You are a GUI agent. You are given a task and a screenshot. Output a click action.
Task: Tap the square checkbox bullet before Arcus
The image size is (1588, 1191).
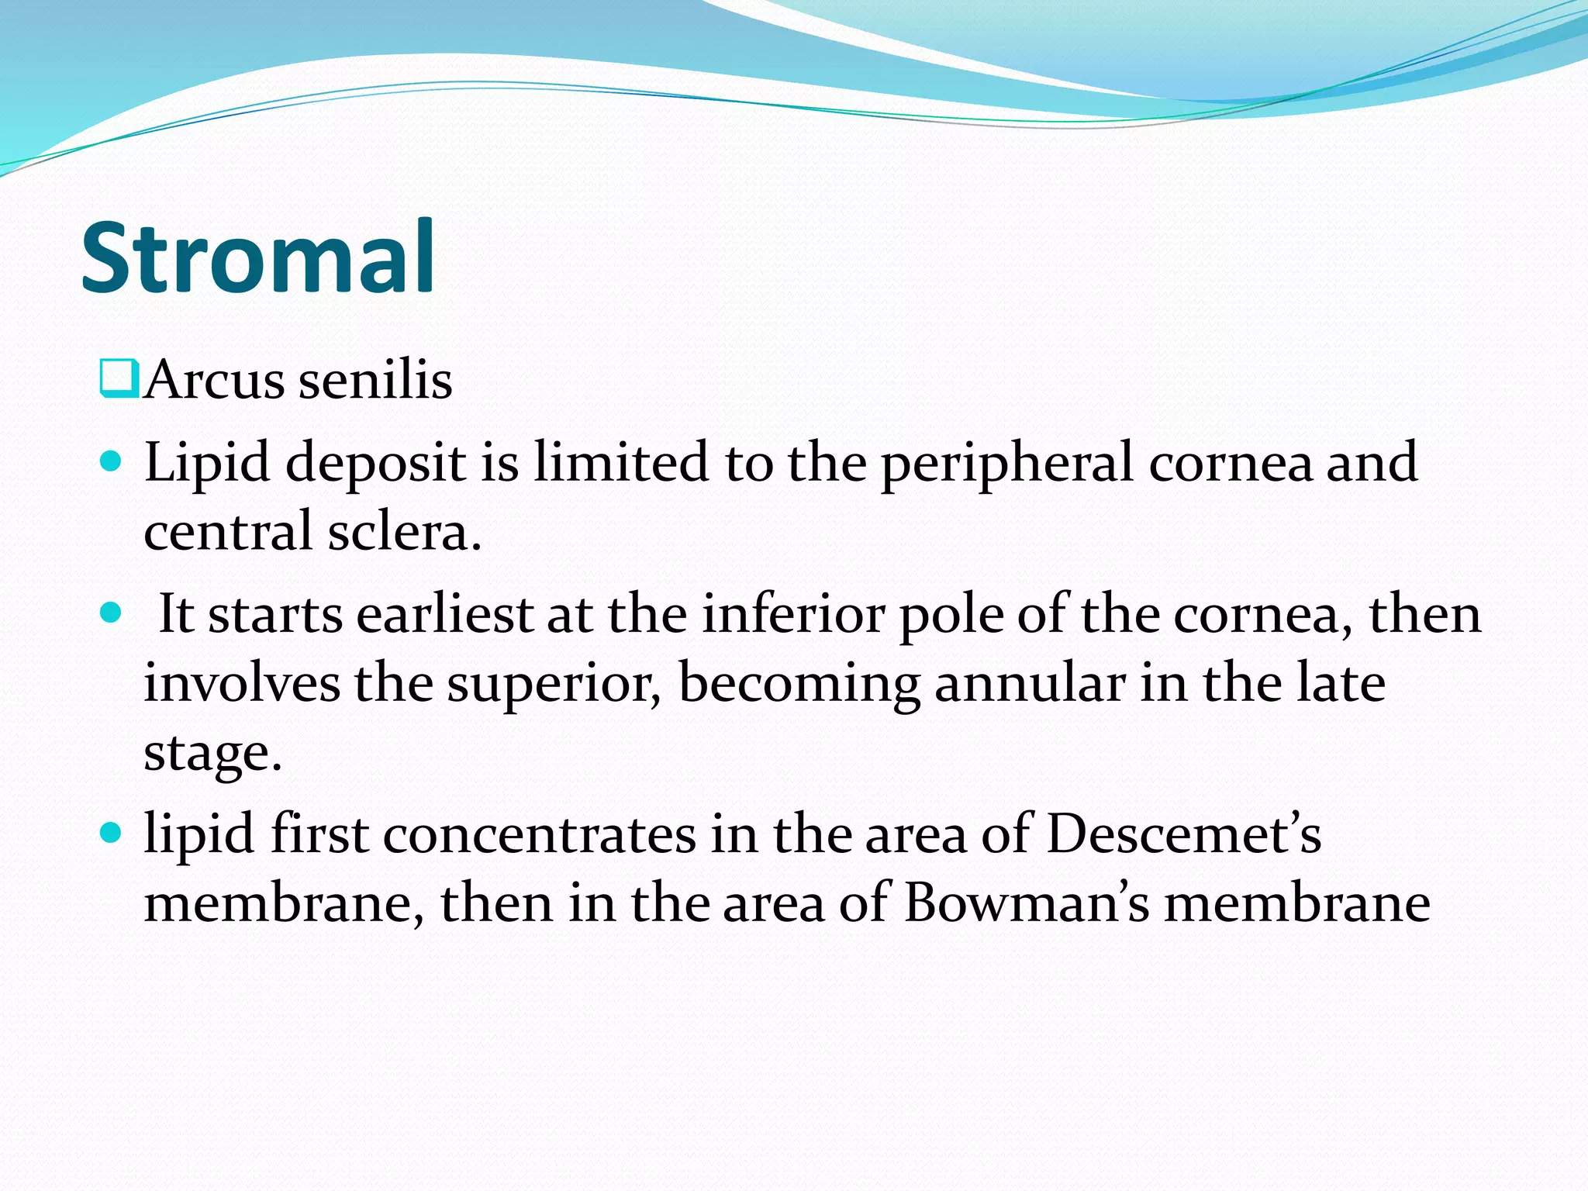click(x=119, y=379)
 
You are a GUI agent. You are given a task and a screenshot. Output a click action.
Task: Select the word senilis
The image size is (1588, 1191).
click(x=375, y=380)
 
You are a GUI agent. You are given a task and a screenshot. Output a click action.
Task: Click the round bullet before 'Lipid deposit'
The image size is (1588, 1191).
click(x=112, y=462)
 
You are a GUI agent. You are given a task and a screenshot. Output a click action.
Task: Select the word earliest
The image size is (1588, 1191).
click(x=445, y=614)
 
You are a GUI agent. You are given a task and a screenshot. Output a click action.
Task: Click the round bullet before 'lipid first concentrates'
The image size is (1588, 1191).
click(x=112, y=834)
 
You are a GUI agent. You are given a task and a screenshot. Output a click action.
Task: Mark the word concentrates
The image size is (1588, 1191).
click(x=540, y=836)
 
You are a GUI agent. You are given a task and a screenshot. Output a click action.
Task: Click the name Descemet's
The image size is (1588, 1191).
click(x=1184, y=834)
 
